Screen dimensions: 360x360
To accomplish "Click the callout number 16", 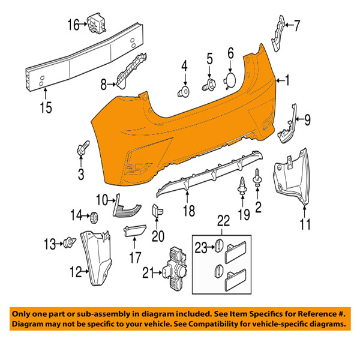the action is tap(73, 25).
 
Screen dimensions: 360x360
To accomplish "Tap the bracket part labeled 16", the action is tap(97, 23).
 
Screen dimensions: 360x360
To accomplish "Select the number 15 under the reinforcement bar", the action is tap(46, 107).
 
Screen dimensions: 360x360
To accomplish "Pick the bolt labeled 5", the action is tap(209, 85).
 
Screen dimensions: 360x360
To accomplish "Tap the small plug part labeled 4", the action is tap(184, 92).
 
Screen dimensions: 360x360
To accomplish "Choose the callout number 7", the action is tap(297, 26).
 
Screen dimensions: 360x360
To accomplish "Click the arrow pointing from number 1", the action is tap(280, 80).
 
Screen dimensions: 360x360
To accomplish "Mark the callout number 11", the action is tap(305, 224).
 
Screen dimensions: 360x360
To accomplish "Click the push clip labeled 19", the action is tap(242, 186).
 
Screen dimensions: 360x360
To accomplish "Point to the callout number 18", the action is tap(189, 211).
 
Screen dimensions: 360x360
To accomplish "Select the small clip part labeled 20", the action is tap(157, 211).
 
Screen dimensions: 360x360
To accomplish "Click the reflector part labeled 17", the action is tap(135, 230).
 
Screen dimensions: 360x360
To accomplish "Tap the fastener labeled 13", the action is tap(70, 243).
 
